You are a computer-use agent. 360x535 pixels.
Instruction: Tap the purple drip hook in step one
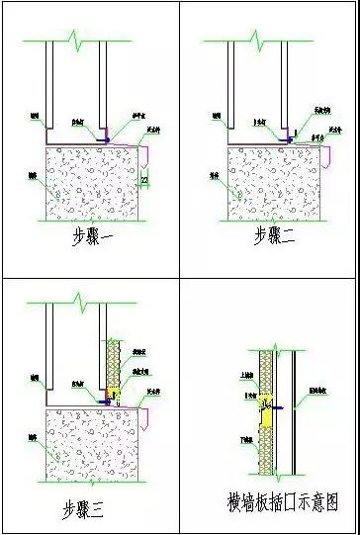pos(146,154)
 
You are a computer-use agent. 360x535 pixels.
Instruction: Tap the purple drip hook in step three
pos(146,422)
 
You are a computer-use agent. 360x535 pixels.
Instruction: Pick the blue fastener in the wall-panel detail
pos(279,405)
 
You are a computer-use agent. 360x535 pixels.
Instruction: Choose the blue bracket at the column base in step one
pos(106,141)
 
